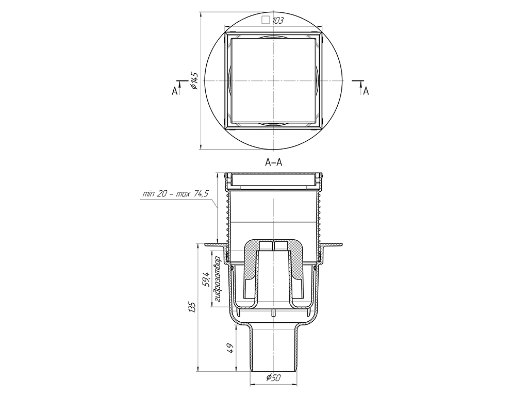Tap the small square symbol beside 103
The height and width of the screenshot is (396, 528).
click(x=266, y=20)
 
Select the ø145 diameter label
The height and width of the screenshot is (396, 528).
click(x=194, y=81)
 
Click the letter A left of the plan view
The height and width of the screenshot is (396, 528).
click(x=174, y=91)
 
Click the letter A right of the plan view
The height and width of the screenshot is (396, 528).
click(x=366, y=91)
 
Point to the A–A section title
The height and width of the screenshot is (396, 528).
click(x=273, y=162)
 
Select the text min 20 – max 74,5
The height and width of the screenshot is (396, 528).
click(x=176, y=194)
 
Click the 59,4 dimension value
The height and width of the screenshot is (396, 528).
click(x=206, y=279)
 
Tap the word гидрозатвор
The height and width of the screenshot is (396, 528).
click(x=217, y=279)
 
